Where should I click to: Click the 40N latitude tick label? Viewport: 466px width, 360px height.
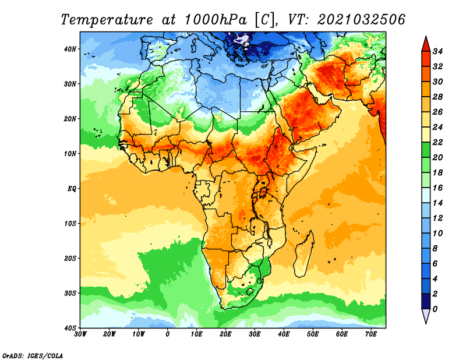click(x=69, y=49)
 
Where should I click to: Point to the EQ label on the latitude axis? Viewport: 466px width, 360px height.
click(x=72, y=189)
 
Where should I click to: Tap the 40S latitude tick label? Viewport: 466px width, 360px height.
click(x=69, y=328)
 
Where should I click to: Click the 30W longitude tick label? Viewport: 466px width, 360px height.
click(x=80, y=334)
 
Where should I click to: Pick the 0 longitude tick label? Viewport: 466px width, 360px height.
click(x=168, y=334)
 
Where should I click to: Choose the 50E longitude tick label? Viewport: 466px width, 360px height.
click(x=313, y=334)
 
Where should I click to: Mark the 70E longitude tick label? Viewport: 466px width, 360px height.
click(x=371, y=334)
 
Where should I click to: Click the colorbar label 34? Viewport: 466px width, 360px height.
click(x=438, y=51)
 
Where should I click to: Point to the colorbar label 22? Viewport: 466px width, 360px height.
click(x=438, y=142)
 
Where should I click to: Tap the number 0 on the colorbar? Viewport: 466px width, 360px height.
click(x=435, y=309)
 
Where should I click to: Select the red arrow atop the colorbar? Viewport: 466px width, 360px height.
click(x=426, y=44)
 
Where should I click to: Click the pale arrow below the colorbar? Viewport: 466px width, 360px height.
click(x=426, y=316)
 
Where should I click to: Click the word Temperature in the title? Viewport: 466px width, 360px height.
click(x=107, y=20)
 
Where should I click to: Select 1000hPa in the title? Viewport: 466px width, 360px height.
click(x=216, y=20)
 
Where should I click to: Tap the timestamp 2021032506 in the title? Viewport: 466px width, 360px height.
click(x=361, y=20)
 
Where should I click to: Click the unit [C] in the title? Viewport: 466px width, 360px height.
click(x=264, y=20)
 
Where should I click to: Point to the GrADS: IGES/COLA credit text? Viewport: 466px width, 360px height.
click(x=33, y=356)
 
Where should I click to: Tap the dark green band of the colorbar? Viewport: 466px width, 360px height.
click(x=426, y=150)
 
